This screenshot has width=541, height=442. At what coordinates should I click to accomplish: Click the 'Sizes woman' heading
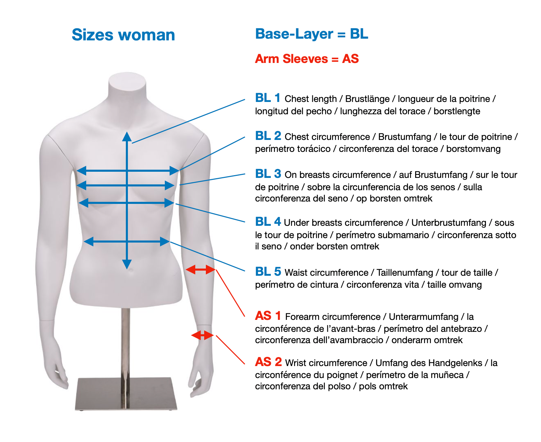point(123,35)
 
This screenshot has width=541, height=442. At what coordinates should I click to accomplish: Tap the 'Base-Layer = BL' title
point(311,34)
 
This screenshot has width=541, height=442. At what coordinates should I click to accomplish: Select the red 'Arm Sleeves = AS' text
point(306,58)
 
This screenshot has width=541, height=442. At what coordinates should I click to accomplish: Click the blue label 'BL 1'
point(267,98)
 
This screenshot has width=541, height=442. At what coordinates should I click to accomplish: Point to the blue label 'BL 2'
point(268,136)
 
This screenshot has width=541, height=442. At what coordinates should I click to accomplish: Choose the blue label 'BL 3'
point(268,174)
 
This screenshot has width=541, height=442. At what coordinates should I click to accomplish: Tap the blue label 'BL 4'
point(268,222)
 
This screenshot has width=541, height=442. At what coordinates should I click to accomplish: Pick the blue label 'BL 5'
point(268,272)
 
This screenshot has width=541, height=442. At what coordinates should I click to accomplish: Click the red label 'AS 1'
point(268,316)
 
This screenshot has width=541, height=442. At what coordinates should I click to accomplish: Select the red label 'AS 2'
point(268,362)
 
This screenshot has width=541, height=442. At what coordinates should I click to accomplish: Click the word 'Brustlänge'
point(367,99)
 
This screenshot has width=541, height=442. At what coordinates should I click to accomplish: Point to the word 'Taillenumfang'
point(405,273)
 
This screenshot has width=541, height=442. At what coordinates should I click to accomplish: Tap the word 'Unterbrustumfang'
point(448,223)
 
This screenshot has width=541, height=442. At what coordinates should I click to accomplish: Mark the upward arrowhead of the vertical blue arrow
point(127,136)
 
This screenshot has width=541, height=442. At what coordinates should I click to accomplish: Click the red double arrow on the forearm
point(200,270)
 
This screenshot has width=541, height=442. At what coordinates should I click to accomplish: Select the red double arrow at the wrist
point(202,335)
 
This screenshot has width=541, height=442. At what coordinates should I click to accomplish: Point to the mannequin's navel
point(130,270)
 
